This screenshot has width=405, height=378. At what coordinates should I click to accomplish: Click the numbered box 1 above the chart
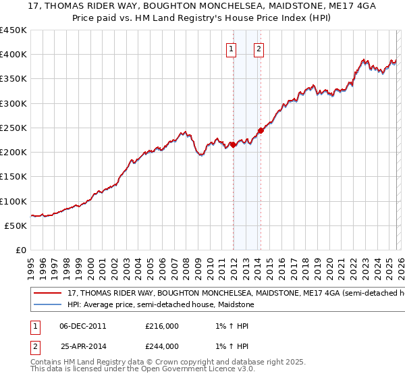[x=232, y=49]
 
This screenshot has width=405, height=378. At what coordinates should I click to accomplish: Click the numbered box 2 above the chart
[x=259, y=49]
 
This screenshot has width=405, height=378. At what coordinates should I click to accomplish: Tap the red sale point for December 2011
[x=234, y=144]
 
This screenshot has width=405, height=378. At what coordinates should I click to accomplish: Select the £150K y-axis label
[x=13, y=176]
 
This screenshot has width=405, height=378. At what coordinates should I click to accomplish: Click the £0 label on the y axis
[x=20, y=250]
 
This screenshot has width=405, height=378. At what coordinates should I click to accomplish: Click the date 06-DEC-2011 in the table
[x=83, y=326]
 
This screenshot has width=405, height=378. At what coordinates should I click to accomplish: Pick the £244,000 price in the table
[x=161, y=346]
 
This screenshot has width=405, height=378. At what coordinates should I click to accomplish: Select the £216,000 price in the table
[x=161, y=326]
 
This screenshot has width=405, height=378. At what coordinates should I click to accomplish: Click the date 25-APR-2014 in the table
[x=83, y=346]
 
